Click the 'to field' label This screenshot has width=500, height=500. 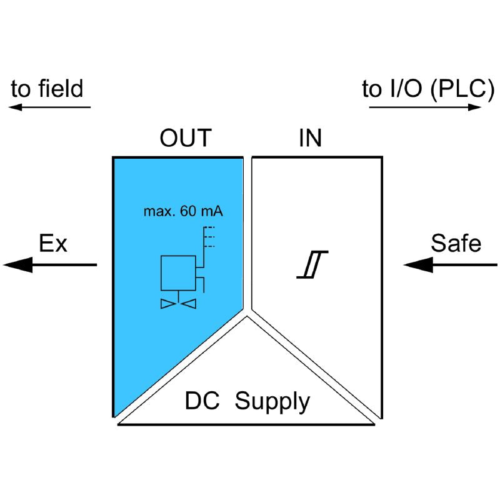pyautogui.click(x=47, y=89)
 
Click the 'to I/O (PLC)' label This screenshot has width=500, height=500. pyautogui.click(x=424, y=89)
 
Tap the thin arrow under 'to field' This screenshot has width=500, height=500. pyautogui.click(x=49, y=107)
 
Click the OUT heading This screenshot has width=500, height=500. pyautogui.click(x=186, y=138)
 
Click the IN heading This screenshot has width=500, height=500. pyautogui.click(x=310, y=138)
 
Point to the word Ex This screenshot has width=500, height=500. pyautogui.click(x=53, y=244)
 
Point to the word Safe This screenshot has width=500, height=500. pyautogui.click(x=456, y=244)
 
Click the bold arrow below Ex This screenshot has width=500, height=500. pyautogui.click(x=50, y=265)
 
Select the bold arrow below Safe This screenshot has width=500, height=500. pyautogui.click(x=451, y=265)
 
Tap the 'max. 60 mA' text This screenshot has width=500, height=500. pyautogui.click(x=183, y=211)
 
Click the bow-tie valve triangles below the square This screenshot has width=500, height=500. pyautogui.click(x=178, y=304)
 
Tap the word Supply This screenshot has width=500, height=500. pyautogui.click(x=272, y=401)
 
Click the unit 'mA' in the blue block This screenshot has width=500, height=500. pyautogui.click(x=212, y=211)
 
